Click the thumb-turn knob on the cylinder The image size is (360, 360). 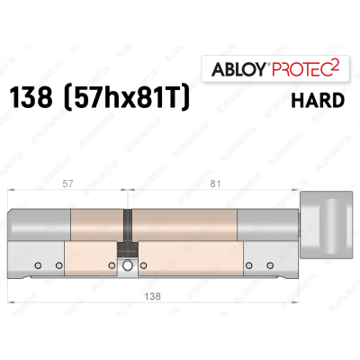click(x=328, y=228)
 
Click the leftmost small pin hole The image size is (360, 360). click(x=39, y=265)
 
